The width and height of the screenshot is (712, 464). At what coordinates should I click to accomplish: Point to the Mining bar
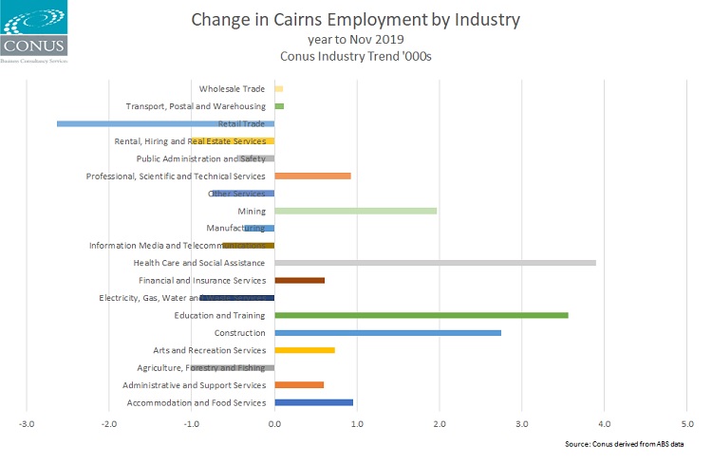tap(355, 211)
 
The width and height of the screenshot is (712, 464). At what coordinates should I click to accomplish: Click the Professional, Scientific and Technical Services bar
tap(312, 176)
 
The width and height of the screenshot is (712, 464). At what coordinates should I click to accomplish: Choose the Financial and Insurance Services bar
tap(299, 280)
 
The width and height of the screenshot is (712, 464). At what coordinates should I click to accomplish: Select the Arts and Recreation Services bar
tap(304, 350)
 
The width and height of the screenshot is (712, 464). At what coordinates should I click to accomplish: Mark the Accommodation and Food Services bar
tap(313, 402)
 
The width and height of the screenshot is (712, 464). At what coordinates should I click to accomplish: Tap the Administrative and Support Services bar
tap(299, 384)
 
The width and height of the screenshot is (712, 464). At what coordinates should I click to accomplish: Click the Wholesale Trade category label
tap(233, 88)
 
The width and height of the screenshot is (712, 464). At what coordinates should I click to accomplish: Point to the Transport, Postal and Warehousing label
tap(196, 106)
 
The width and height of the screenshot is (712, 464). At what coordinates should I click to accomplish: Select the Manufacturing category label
tap(235, 228)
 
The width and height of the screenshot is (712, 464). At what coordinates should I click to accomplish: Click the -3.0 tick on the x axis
tap(27, 423)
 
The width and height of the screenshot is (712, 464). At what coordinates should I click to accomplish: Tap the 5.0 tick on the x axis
tap(686, 423)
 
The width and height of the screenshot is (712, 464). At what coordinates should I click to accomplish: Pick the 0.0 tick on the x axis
tap(273, 423)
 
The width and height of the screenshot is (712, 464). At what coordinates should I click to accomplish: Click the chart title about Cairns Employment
tap(356, 19)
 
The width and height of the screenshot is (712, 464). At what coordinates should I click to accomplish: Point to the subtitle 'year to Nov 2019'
tap(356, 39)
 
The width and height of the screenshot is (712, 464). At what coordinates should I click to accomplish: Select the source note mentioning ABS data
tap(630, 444)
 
